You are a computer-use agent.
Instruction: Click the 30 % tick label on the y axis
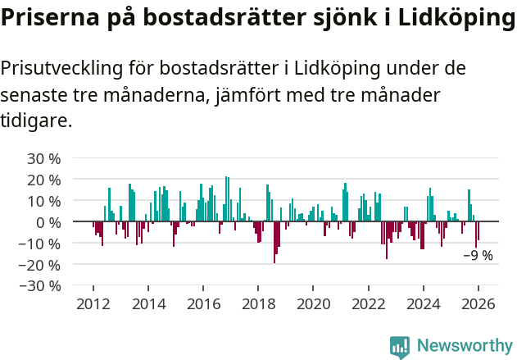click(x=44, y=158)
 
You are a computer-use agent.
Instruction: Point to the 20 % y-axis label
click(x=44, y=180)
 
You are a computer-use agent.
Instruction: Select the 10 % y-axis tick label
click(x=44, y=201)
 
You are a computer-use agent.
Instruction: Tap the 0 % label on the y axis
click(x=48, y=222)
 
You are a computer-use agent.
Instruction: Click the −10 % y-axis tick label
click(x=41, y=244)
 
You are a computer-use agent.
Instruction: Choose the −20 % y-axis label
click(x=41, y=265)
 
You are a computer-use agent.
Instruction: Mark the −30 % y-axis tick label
click(x=41, y=286)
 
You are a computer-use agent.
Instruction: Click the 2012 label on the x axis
click(x=93, y=304)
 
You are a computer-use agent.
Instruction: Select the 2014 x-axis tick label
click(x=148, y=304)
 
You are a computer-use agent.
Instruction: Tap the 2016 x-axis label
click(x=203, y=304)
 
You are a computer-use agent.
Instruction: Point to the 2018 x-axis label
click(x=258, y=304)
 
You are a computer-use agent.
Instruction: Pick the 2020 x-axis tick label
click(x=313, y=304)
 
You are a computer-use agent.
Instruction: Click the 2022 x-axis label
click(x=369, y=304)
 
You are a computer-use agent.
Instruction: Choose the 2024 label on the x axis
click(x=424, y=304)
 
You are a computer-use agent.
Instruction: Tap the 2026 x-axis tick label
click(x=478, y=304)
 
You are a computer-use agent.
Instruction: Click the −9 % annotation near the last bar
click(x=478, y=255)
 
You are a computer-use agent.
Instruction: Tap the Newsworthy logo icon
click(x=400, y=346)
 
